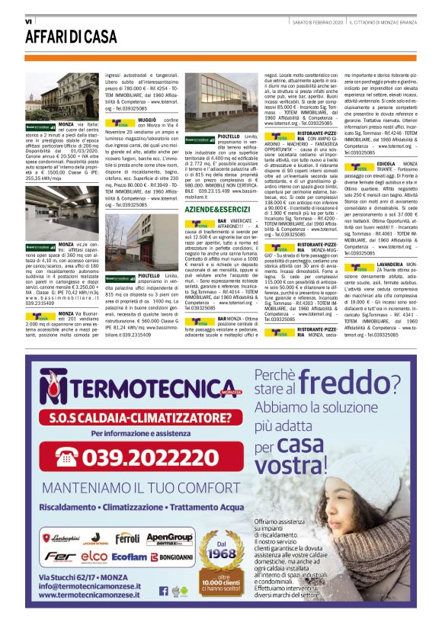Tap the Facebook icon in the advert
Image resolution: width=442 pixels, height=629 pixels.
[x=163, y=589]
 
